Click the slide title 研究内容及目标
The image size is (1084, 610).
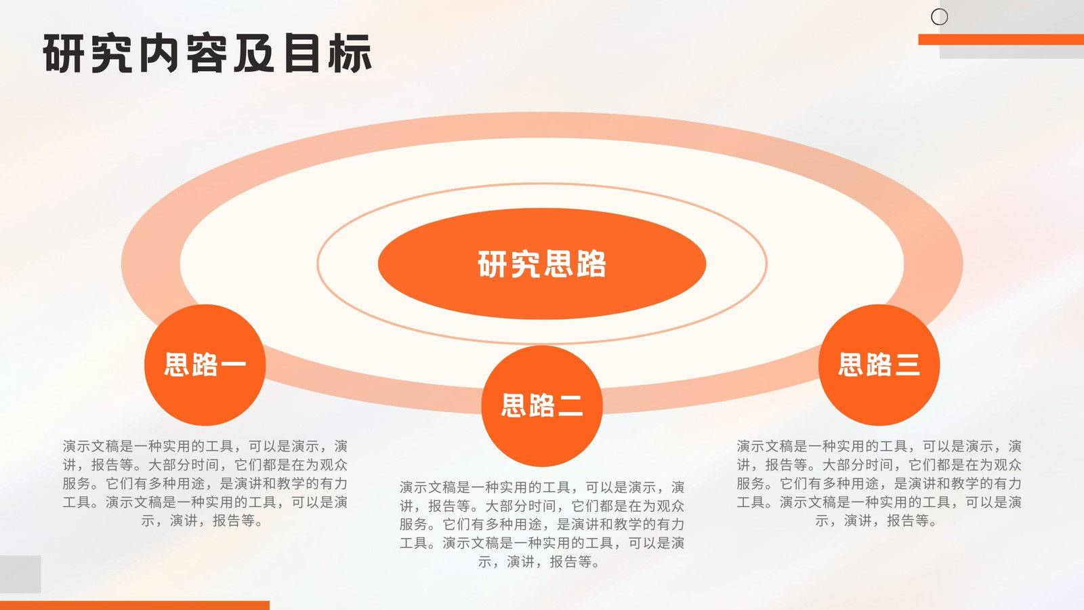point(207,54)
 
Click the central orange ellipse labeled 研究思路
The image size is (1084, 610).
point(542,264)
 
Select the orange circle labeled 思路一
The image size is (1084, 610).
point(205,365)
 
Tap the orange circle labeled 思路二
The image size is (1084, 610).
point(542,406)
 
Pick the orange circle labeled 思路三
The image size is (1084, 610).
point(879,365)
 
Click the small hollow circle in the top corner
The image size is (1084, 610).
point(939,17)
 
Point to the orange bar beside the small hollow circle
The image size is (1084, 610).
point(1001,40)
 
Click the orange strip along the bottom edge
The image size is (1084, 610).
point(135,606)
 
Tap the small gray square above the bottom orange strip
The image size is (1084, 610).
point(20,574)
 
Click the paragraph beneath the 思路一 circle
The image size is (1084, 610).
point(205,483)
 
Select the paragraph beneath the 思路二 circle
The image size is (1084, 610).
point(542,525)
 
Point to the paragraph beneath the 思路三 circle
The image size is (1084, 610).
point(879,483)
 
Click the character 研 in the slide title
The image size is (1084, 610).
point(64,54)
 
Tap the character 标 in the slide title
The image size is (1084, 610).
point(351,54)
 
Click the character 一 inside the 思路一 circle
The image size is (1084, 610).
point(234,365)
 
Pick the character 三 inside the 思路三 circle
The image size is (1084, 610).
point(907,365)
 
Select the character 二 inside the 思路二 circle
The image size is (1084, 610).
point(570,406)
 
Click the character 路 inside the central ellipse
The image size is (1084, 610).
point(591,264)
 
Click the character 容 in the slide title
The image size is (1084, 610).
point(207,54)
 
